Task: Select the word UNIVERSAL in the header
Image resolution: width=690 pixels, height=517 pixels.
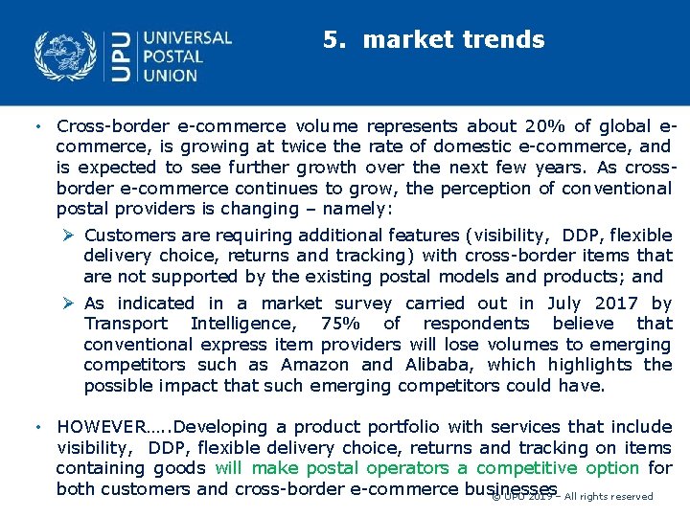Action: point(187,38)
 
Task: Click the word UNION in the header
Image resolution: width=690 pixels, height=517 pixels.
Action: point(172,76)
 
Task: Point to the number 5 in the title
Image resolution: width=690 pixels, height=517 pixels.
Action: point(331,40)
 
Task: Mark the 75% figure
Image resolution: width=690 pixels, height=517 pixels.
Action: point(341,324)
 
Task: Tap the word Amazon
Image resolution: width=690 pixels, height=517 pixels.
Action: point(315,365)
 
